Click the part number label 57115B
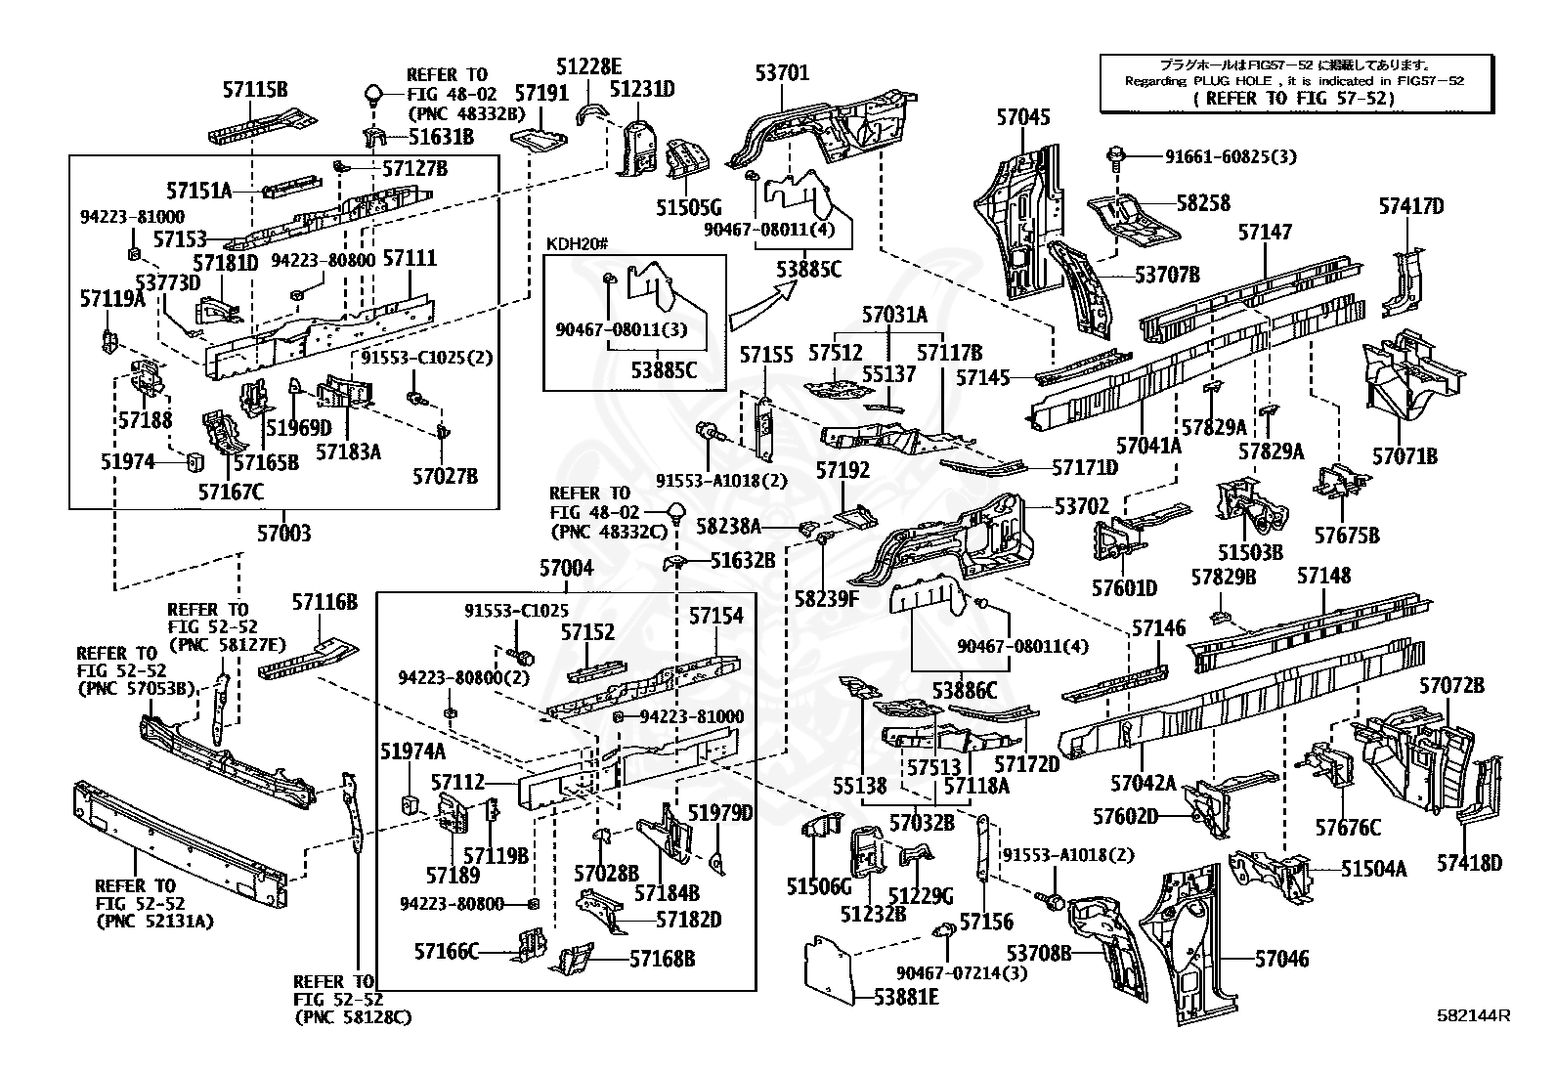pyautogui.click(x=254, y=90)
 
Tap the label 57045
pyautogui.click(x=1023, y=117)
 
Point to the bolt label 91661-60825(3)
pyautogui.click(x=1232, y=156)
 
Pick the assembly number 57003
pyautogui.click(x=284, y=533)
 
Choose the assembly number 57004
pyautogui.click(x=567, y=568)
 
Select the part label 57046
pyautogui.click(x=1281, y=960)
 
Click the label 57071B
pyautogui.click(x=1405, y=455)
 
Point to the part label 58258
pyautogui.click(x=1203, y=203)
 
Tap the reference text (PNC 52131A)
pyautogui.click(x=154, y=921)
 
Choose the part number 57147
pyautogui.click(x=1265, y=232)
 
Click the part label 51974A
pyautogui.click(x=412, y=751)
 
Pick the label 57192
pyautogui.click(x=843, y=471)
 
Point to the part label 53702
pyautogui.click(x=1082, y=506)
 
